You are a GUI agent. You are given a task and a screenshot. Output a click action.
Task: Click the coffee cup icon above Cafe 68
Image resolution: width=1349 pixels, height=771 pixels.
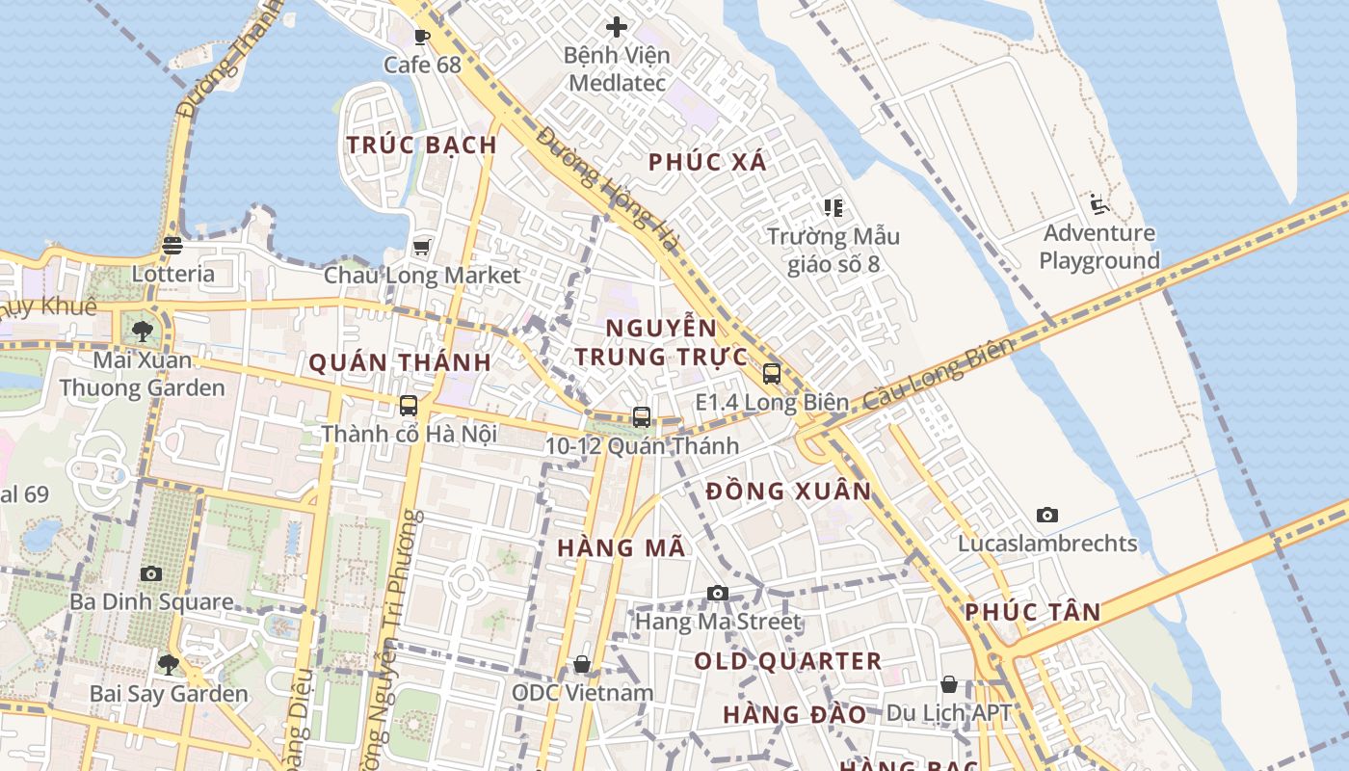pos(421,38)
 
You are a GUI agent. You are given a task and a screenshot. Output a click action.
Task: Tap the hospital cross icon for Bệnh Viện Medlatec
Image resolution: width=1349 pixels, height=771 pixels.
pos(617,27)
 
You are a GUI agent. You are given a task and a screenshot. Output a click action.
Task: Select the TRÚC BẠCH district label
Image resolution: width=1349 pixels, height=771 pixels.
pos(422,146)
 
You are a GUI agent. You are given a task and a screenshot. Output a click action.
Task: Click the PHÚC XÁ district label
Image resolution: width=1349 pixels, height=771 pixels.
pos(708,162)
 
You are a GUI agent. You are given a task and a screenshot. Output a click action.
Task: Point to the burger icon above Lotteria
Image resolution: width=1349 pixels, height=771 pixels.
pos(172,246)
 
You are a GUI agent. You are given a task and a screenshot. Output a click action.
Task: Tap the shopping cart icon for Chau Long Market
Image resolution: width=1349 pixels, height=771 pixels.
pos(421,248)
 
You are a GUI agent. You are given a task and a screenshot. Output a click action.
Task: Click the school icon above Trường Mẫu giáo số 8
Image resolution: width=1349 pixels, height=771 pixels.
pos(833,207)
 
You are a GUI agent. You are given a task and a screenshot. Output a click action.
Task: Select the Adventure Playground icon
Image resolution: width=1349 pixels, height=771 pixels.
pos(1099,204)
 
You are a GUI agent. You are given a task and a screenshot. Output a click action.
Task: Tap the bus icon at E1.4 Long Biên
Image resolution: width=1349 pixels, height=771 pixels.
pos(771,374)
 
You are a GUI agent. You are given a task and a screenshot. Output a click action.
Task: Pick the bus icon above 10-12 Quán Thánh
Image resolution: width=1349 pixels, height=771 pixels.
pos(641,417)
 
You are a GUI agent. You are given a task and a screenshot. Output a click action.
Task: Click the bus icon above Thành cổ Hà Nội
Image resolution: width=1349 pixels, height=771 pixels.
pos(409,405)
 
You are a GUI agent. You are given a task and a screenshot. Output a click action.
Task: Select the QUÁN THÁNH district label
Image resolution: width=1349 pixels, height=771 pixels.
pos(400,363)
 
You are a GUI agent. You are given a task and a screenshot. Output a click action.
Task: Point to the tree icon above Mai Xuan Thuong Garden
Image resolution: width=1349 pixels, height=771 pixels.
pos(143,332)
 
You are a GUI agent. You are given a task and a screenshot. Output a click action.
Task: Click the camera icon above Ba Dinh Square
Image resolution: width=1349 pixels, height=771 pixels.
pos(151,574)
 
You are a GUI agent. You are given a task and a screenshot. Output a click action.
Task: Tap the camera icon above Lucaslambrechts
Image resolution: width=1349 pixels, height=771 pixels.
pos(1047,516)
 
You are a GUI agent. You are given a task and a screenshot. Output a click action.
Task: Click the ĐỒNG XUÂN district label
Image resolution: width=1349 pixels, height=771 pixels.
pos(788,492)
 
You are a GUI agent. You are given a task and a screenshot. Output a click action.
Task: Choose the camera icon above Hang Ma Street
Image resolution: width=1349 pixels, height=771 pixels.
pos(717,594)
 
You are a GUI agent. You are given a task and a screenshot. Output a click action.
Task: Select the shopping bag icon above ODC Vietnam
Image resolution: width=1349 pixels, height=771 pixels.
pos(581,664)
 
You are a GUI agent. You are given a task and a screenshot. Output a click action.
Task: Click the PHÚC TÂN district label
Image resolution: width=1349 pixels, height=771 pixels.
pos(1033,612)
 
